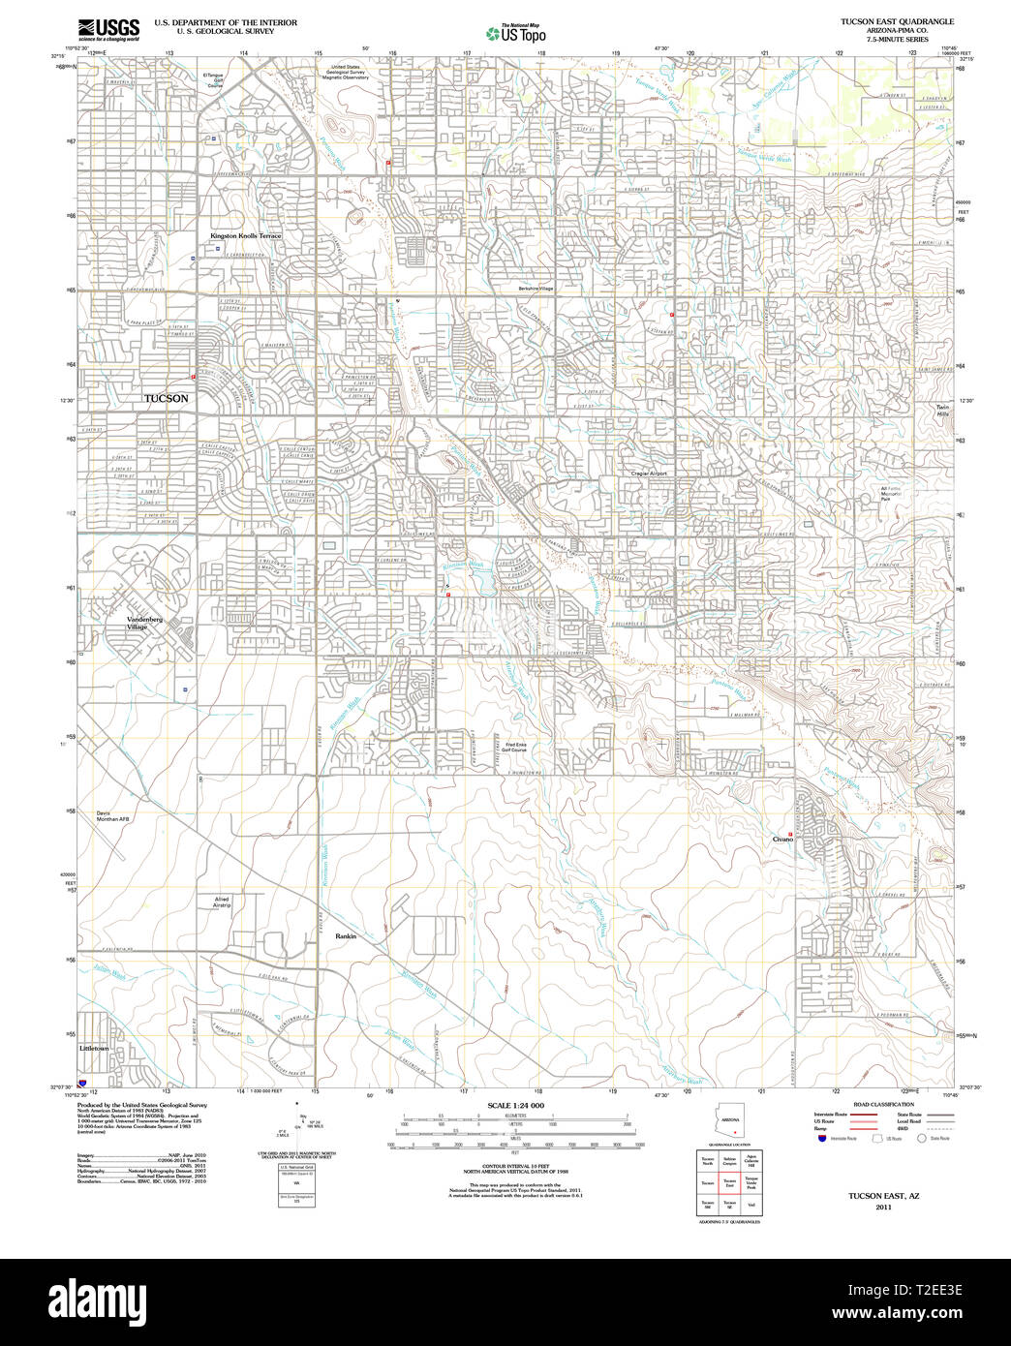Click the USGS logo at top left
click(108, 27)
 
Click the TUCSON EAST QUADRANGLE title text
click(897, 21)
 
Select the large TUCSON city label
click(167, 398)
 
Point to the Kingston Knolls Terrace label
click(246, 236)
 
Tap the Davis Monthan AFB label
click(112, 815)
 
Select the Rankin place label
click(346, 936)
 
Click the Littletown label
click(95, 1048)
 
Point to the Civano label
click(782, 840)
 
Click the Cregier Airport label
click(649, 474)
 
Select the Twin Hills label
click(942, 410)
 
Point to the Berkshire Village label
click(533, 289)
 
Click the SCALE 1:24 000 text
click(515, 1106)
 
